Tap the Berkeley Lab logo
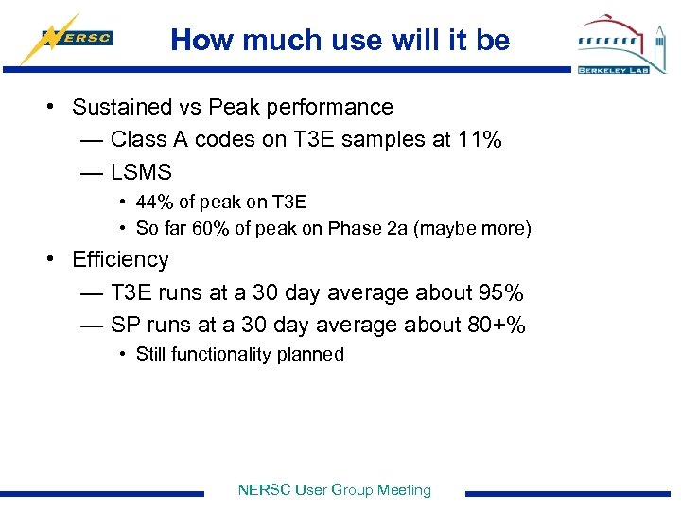621,44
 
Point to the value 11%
480,140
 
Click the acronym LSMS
141,172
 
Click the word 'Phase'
356,229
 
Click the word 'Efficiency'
120,260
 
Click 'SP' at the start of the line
124,326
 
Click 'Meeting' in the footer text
404,490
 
